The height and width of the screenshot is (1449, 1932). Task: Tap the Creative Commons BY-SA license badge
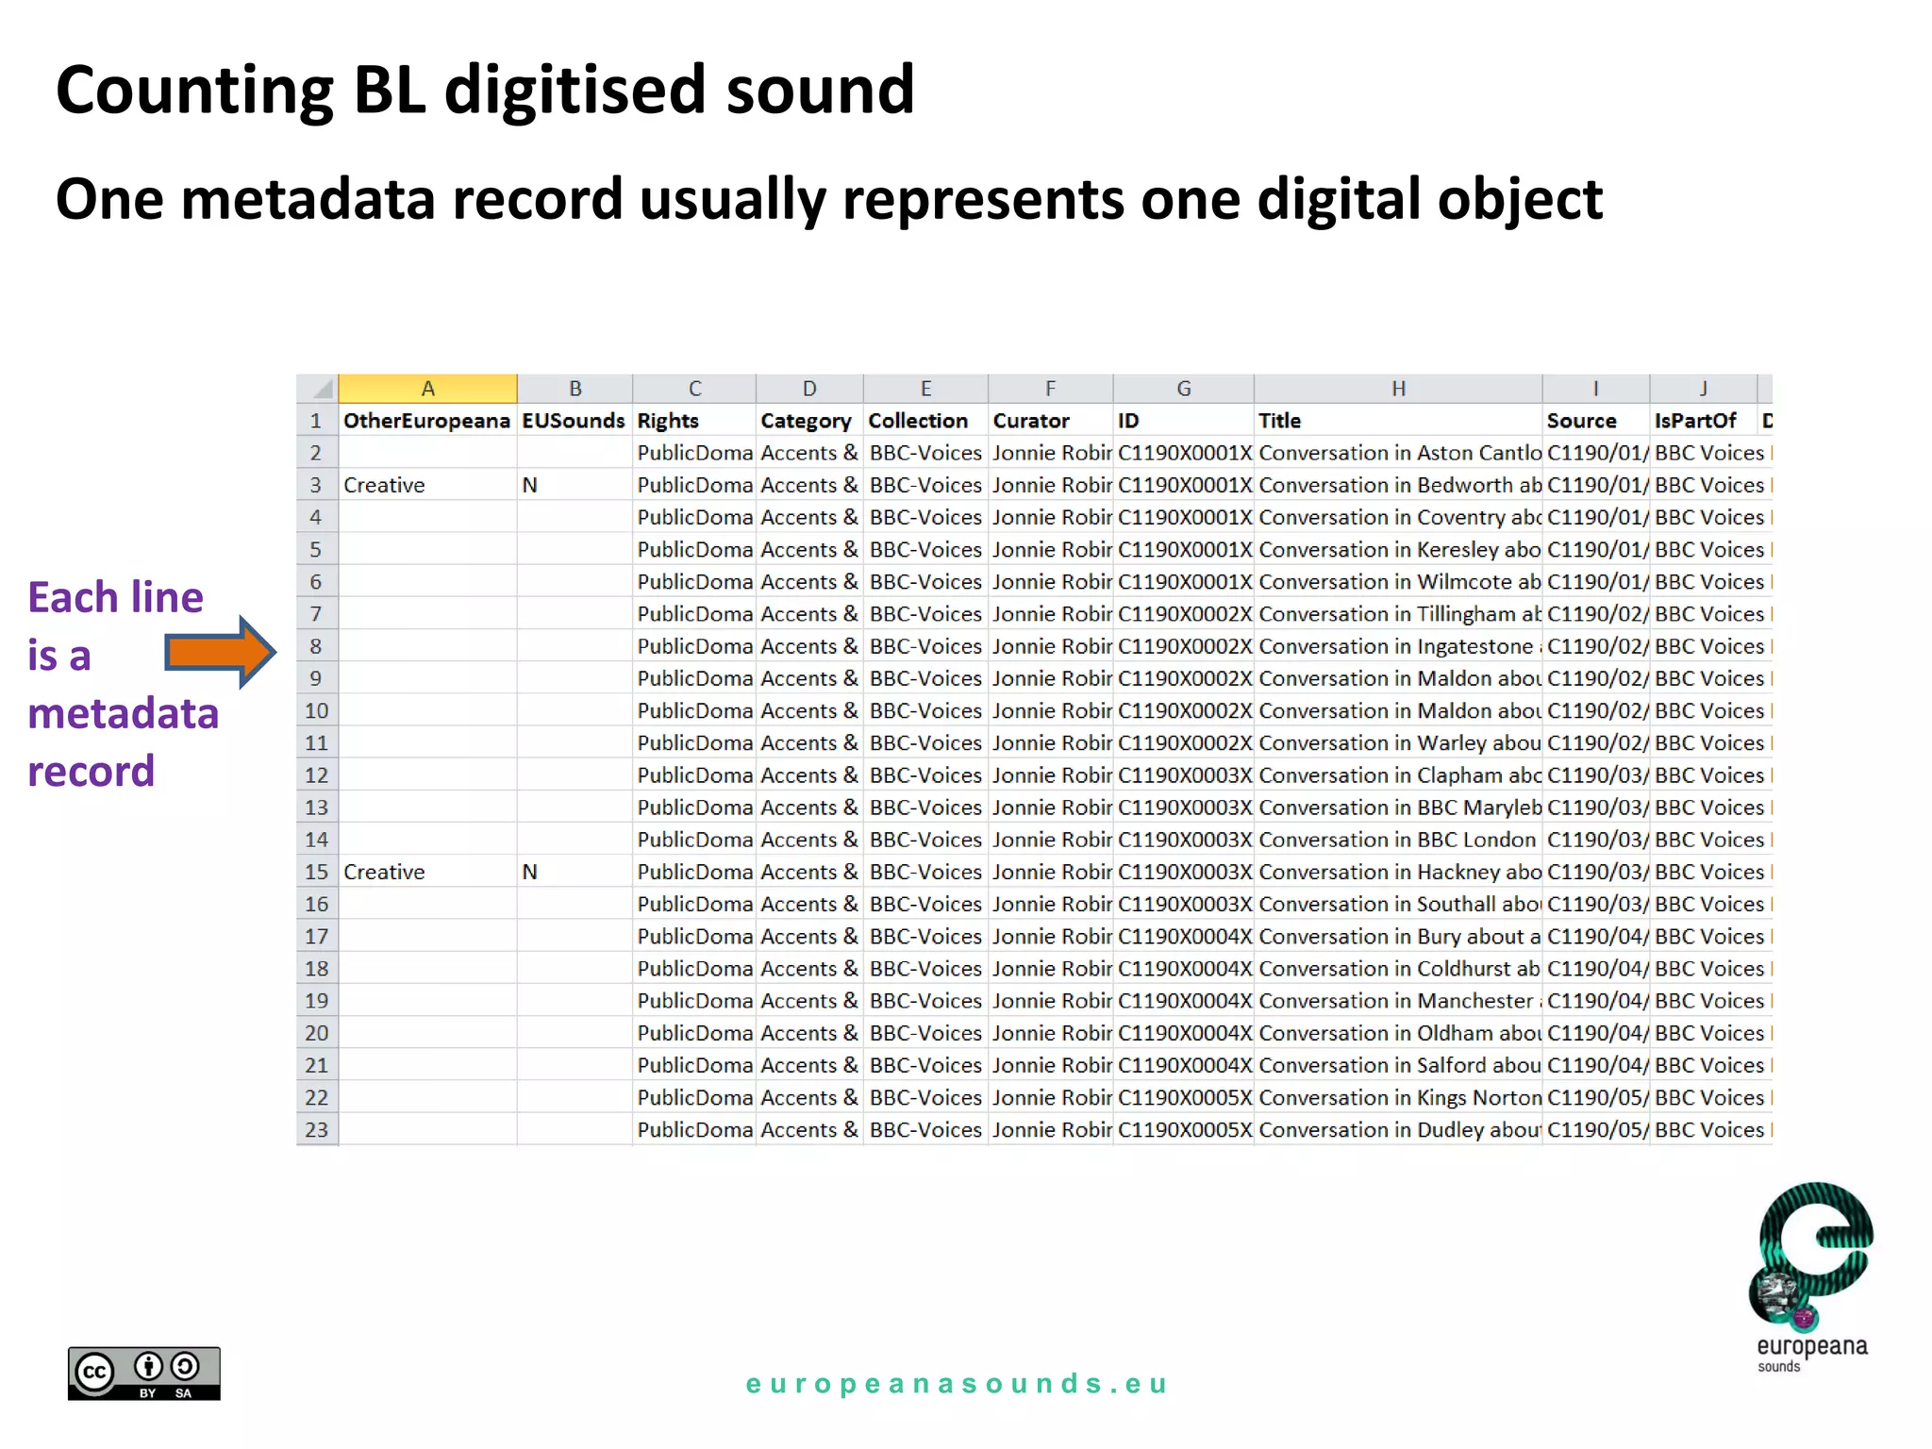click(x=143, y=1373)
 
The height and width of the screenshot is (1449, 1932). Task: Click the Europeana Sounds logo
click(x=1812, y=1274)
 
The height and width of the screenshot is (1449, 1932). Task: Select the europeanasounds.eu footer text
click(x=957, y=1384)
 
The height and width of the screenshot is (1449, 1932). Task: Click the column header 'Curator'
click(x=1031, y=421)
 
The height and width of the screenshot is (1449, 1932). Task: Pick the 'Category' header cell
click(x=806, y=421)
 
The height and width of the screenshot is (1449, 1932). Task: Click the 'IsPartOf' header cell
click(x=1695, y=421)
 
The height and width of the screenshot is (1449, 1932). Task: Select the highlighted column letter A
click(x=427, y=389)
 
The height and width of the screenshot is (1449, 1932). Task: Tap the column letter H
click(x=1398, y=389)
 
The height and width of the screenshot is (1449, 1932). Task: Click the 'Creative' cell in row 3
click(x=384, y=485)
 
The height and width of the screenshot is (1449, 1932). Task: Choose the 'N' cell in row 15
click(x=530, y=872)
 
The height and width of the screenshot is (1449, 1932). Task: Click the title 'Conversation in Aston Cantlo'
click(x=1399, y=453)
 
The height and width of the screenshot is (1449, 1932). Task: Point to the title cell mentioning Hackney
click(x=1399, y=872)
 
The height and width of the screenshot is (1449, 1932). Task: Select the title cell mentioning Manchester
click(x=1399, y=1001)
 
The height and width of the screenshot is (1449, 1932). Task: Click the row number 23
click(x=317, y=1129)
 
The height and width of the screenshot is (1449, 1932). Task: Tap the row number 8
click(x=316, y=646)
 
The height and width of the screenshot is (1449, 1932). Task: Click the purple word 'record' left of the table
click(x=92, y=772)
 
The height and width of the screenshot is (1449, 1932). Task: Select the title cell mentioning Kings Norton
click(x=1399, y=1097)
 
